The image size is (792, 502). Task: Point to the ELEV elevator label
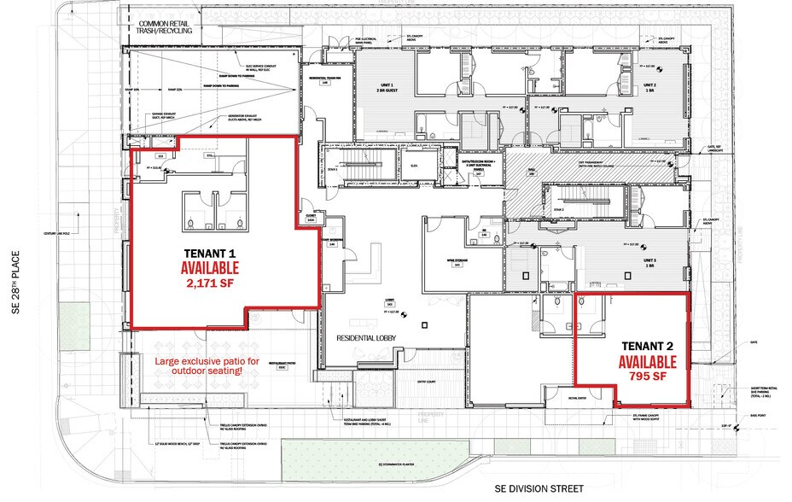pyautogui.click(x=413, y=165)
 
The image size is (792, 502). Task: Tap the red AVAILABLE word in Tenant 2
pyautogui.click(x=647, y=362)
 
